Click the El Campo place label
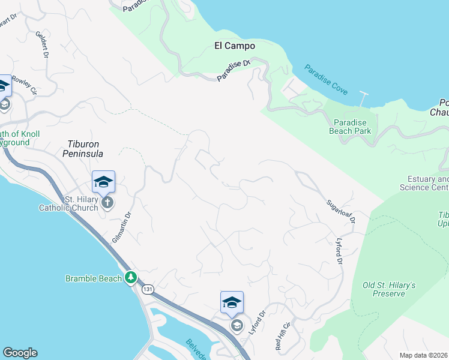click(235, 46)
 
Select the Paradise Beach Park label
click(350, 127)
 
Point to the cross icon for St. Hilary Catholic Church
click(107, 202)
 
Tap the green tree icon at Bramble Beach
click(131, 278)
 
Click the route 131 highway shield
click(148, 289)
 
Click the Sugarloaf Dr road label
click(342, 212)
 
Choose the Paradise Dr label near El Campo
click(234, 71)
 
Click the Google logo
click(20, 353)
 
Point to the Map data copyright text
click(424, 355)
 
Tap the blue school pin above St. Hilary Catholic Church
click(103, 182)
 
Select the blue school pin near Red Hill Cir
click(232, 302)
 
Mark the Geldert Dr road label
click(41, 45)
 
